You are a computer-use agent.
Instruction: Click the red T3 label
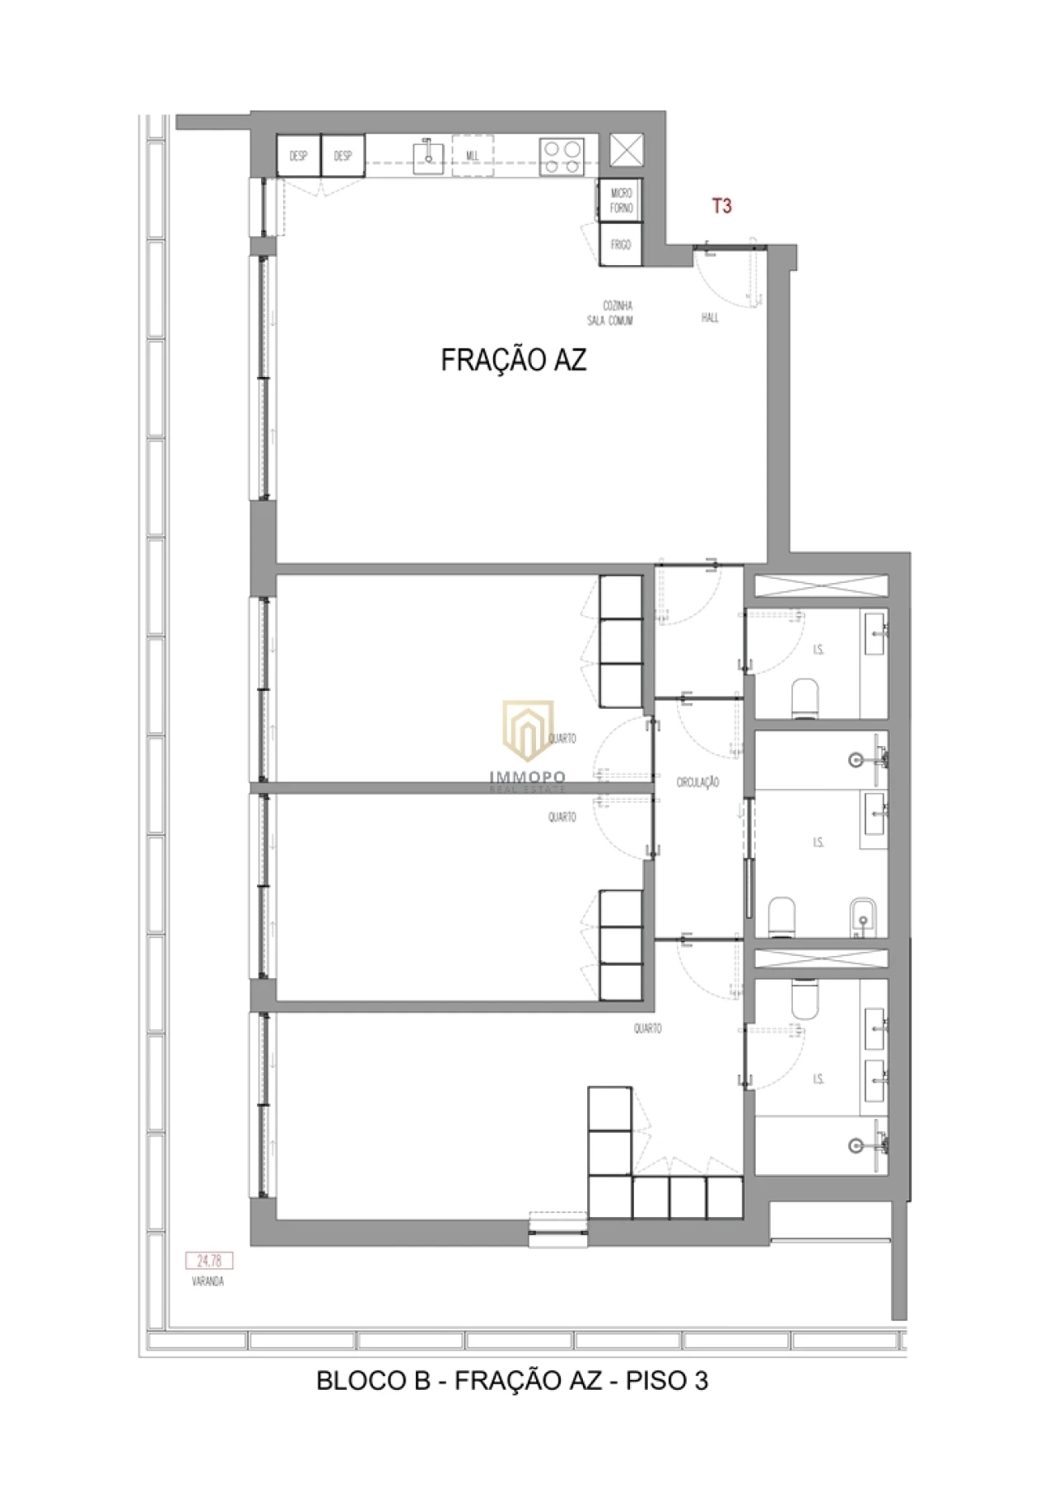[x=721, y=206]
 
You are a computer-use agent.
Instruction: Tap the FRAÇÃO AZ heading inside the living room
[x=514, y=360]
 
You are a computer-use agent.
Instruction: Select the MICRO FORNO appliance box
[x=621, y=200]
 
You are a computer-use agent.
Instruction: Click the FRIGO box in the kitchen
[x=621, y=245]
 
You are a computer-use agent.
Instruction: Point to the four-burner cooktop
[x=562, y=156]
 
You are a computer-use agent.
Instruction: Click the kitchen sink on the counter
[x=428, y=155]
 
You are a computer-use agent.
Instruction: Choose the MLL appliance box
[x=473, y=156]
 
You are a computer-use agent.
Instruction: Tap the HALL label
[x=710, y=317]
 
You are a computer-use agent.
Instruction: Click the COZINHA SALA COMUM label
[x=610, y=313]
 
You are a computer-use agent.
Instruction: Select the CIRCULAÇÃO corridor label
[x=697, y=782]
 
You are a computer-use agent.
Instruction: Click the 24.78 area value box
[x=209, y=1261]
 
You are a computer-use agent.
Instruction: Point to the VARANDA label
[x=208, y=1281]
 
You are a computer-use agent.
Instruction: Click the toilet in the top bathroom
[x=805, y=697]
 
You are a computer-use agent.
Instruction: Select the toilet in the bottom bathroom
[x=805, y=997]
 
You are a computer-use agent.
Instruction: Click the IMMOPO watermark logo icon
[x=528, y=730]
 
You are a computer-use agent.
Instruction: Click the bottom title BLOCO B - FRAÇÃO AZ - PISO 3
[x=512, y=1380]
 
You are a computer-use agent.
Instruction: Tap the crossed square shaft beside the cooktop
[x=627, y=151]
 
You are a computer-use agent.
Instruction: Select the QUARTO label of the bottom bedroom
[x=647, y=1028]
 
